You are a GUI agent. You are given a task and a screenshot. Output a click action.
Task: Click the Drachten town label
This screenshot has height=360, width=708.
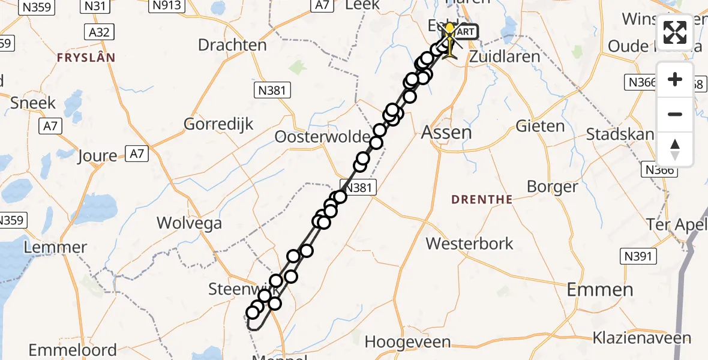232,45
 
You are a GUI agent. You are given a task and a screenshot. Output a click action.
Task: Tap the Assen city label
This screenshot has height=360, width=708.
446,132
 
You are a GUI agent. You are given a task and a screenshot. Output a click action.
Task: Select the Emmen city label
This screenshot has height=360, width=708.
599,290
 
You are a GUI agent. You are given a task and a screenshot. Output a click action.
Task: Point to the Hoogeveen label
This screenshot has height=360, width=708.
407,342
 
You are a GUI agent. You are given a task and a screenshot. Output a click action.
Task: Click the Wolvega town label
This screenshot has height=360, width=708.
189,223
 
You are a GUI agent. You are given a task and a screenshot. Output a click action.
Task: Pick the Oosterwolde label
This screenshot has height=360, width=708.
322,137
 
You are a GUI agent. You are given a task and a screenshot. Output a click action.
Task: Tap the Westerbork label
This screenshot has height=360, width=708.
470,243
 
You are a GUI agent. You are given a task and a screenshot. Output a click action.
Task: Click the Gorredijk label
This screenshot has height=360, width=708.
218,124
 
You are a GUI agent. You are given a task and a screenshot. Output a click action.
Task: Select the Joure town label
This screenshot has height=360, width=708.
98,157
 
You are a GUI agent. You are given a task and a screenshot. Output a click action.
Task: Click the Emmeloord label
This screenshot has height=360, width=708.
73,349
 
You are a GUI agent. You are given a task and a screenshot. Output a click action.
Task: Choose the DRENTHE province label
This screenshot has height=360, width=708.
482,200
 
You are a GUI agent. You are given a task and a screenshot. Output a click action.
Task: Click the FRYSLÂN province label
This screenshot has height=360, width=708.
86,58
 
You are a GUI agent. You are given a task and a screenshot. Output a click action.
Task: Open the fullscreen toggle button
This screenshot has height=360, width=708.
675,32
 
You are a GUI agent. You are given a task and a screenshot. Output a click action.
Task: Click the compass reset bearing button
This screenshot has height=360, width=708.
675,149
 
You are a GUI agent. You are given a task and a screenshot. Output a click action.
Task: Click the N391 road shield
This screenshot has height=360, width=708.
638,257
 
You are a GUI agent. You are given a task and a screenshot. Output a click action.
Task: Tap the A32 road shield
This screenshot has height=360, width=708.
99,32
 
